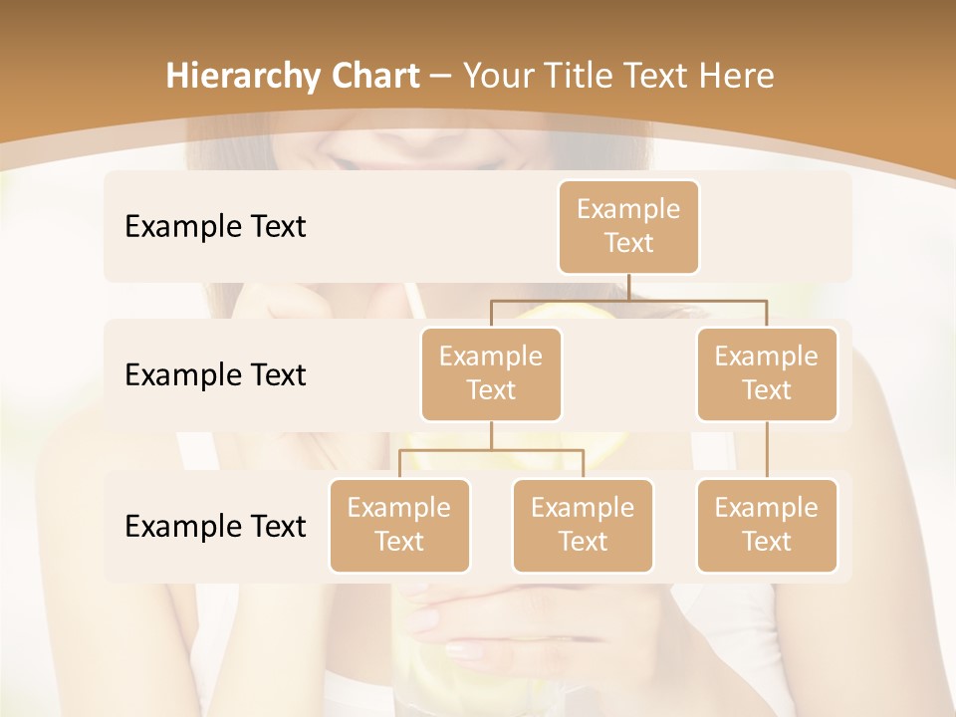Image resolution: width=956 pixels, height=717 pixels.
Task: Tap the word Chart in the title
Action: (371, 77)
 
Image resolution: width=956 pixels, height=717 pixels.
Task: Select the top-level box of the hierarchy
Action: (628, 227)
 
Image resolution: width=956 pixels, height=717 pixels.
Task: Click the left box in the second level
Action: (491, 374)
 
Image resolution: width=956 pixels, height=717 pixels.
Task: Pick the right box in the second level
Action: (767, 374)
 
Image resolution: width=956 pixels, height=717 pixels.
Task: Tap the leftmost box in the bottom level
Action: (399, 526)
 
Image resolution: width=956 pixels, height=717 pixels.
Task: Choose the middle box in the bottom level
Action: (583, 526)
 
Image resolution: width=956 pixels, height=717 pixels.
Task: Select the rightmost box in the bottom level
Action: (767, 526)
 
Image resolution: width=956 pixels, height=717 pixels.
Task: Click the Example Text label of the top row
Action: (215, 227)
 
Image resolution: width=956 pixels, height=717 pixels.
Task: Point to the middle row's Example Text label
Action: (215, 375)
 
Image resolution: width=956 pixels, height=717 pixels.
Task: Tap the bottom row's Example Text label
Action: (215, 526)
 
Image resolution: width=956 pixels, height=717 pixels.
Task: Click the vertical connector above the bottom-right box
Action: (767, 450)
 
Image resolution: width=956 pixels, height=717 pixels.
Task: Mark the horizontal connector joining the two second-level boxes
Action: (628, 299)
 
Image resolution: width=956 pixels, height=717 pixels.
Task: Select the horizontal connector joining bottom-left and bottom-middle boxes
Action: (491, 450)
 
